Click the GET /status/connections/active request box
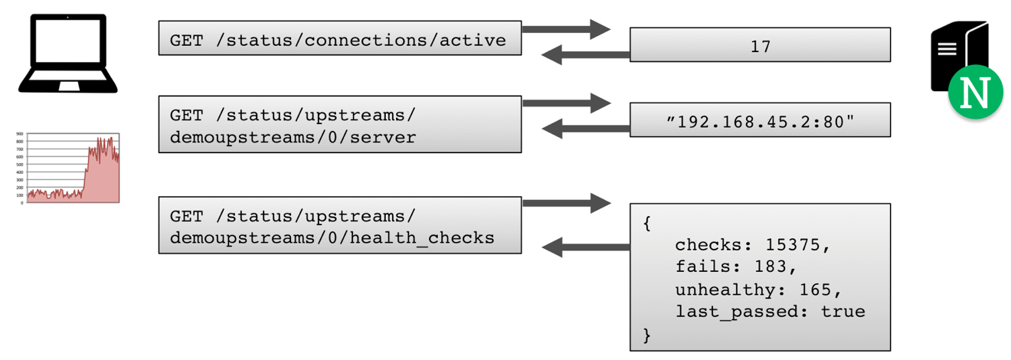[x=339, y=39]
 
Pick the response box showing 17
[x=760, y=45]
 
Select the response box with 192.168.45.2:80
[x=760, y=120]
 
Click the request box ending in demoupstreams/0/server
[x=339, y=124]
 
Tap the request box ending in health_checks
[x=339, y=225]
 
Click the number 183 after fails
[x=771, y=267]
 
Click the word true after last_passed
[x=842, y=312]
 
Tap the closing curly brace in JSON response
[x=646, y=334]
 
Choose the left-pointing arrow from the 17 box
[x=586, y=55]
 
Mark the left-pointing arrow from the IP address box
[x=586, y=130]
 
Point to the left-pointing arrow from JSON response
[x=586, y=247]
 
